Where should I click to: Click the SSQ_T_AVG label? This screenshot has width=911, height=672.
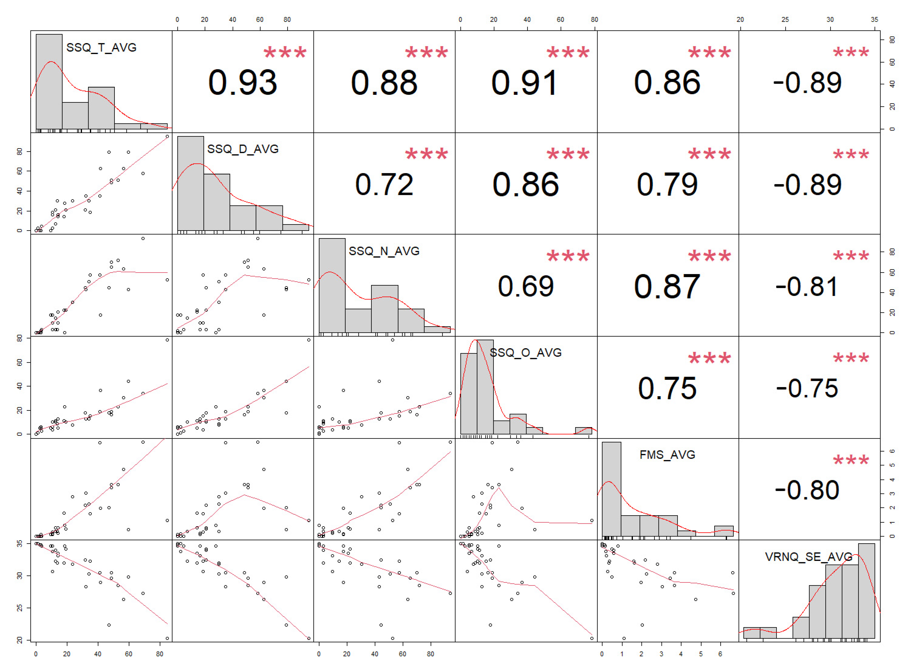coord(101,48)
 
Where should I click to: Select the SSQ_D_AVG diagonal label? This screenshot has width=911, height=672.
coord(243,149)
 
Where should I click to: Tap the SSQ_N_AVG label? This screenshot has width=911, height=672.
coord(384,251)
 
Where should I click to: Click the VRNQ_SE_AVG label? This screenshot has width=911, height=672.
coord(808,557)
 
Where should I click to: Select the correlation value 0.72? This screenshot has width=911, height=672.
coord(384,185)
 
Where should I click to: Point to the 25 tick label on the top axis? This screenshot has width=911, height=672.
coord(785,20)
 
